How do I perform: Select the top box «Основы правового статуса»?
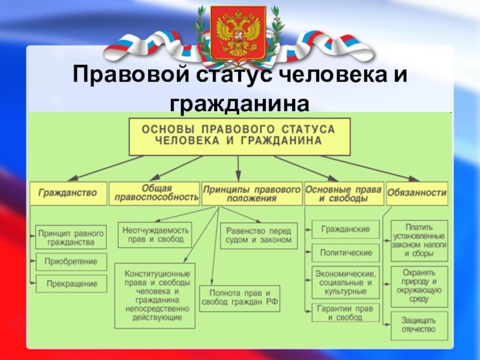point(239,136)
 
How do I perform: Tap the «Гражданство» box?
point(68,193)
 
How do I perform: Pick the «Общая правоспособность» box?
point(154,193)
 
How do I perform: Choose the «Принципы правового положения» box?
point(251,193)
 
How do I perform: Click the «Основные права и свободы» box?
point(343,193)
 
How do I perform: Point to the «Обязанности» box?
point(417,193)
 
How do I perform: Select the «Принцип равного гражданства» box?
point(71,237)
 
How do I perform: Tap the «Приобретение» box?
point(71,262)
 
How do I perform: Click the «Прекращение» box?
point(71,284)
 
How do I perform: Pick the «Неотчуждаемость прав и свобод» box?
point(155,235)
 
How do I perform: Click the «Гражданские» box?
point(345,229)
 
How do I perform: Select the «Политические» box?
point(345,253)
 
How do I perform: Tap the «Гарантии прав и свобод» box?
point(345,312)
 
